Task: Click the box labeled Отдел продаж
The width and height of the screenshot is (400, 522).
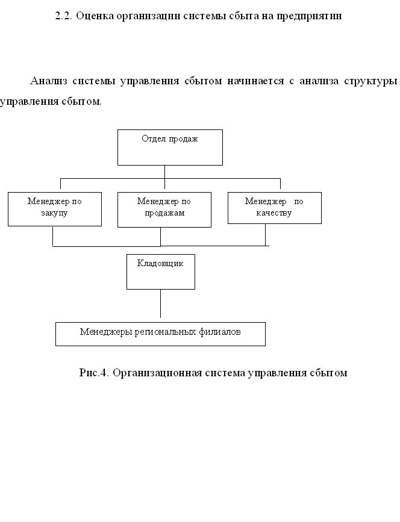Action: point(170,148)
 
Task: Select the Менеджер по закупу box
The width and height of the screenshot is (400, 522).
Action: point(55,209)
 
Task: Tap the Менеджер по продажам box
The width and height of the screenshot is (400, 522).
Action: point(164,210)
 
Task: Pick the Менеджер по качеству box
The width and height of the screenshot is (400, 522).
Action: point(275,208)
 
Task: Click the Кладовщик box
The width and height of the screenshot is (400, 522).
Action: point(160,272)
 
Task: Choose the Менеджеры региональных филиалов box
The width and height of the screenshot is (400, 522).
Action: point(160,334)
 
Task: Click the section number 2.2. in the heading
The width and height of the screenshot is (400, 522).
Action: point(64,16)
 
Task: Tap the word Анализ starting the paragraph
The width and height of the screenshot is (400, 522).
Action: point(49,81)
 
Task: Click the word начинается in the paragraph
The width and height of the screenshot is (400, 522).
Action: point(255,81)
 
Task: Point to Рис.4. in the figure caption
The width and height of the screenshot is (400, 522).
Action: point(94,373)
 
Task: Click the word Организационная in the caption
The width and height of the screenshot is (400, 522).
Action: point(157,373)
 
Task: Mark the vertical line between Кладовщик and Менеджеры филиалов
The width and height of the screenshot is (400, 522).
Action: point(160,303)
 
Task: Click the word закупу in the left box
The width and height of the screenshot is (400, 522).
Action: point(54,213)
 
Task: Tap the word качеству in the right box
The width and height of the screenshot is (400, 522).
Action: point(274,213)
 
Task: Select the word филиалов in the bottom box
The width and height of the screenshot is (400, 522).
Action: point(219,332)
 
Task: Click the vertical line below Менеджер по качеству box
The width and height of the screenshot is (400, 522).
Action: point(266,235)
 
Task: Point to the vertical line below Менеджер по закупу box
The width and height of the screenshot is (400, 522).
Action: point(53,237)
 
